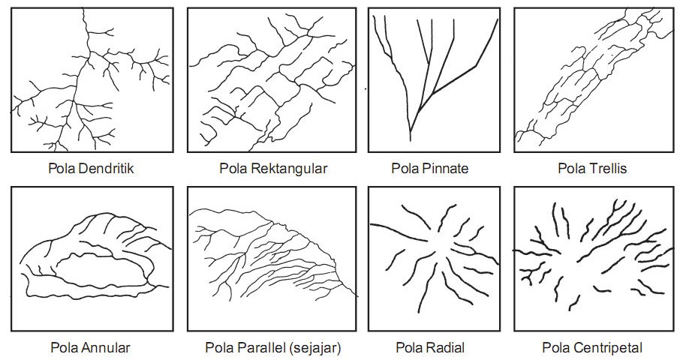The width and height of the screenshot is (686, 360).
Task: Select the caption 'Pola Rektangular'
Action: [x=273, y=168]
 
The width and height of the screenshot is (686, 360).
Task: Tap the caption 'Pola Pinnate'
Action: [x=429, y=168]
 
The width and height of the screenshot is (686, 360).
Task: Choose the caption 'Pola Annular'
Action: [x=91, y=348]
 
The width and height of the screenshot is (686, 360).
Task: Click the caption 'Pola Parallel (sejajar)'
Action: [x=273, y=348]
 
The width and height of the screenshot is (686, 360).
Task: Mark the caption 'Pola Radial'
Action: [x=429, y=348]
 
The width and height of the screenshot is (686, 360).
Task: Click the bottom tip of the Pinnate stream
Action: [x=411, y=139]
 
